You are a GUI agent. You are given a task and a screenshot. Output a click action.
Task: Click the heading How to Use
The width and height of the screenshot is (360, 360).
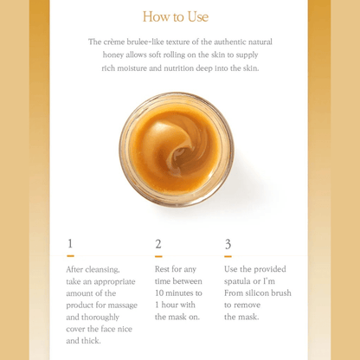[x=176, y=16]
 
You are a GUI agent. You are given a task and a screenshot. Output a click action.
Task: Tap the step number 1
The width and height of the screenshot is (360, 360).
[x=70, y=243]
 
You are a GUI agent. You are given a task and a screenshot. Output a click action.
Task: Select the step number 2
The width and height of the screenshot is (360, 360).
[x=158, y=244]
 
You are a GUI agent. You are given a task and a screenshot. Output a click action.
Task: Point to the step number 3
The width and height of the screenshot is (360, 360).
[x=228, y=244]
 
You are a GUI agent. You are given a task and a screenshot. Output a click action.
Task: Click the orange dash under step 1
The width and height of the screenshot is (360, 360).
[x=70, y=256]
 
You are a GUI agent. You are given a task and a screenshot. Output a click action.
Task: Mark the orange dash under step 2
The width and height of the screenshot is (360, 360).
[x=158, y=256]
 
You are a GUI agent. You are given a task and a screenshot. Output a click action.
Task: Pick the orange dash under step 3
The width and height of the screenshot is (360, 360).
[x=228, y=256]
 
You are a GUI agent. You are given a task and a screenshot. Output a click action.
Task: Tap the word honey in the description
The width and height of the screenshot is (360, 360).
[x=113, y=55]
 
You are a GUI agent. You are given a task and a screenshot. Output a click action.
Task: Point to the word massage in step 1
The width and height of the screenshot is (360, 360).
[x=123, y=305]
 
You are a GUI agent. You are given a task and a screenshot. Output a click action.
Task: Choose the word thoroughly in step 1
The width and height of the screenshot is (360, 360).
[x=100, y=318]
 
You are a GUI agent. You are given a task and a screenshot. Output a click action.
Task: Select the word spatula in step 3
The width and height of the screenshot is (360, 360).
[x=236, y=281]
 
